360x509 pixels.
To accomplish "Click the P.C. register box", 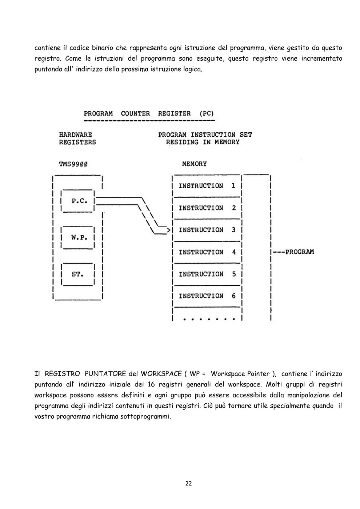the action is click(x=78, y=201).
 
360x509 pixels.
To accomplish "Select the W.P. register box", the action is click(x=78, y=238).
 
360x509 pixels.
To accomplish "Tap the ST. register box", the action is click(x=78, y=274).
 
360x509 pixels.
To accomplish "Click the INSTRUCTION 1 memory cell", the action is click(x=207, y=186).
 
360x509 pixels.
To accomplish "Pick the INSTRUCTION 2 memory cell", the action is click(x=207, y=208).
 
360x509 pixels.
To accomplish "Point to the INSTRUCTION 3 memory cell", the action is click(x=207, y=230).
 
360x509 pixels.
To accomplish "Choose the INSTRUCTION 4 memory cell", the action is click(x=207, y=252).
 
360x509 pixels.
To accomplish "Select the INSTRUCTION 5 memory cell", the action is click(x=207, y=274).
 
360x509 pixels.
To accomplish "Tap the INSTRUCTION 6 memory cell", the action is click(x=207, y=296).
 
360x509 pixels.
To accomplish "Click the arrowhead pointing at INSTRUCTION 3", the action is click(x=169, y=230).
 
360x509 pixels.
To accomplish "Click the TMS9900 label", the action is click(x=73, y=164).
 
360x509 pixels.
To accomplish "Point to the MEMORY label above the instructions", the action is click(x=195, y=164).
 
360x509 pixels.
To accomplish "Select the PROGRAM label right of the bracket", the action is click(x=300, y=252).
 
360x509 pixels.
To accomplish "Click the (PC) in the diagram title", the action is click(x=207, y=113).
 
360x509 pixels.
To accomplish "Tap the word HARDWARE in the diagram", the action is click(x=76, y=135).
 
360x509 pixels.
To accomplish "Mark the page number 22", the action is click(x=189, y=483).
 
